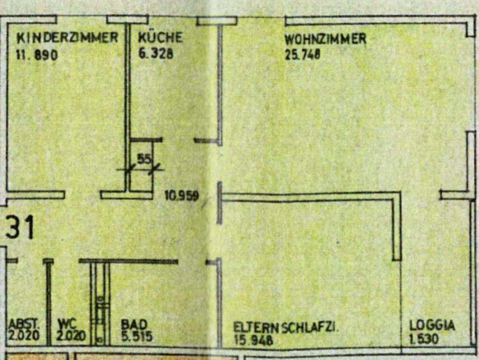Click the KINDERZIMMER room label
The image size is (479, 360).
(67, 38)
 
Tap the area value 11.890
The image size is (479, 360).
(37, 54)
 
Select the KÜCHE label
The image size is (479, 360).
(160, 37)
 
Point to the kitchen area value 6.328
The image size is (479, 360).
(156, 54)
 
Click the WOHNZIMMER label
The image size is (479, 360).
(325, 38)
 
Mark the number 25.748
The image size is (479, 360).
(302, 54)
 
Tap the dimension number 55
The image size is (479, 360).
(144, 159)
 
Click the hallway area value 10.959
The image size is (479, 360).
(182, 196)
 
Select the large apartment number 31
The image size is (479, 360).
(20, 228)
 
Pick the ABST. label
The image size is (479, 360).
(23, 324)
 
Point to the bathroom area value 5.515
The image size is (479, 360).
(137, 336)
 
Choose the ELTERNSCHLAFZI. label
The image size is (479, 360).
(287, 328)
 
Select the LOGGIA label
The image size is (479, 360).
(432, 326)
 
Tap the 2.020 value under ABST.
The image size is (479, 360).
(24, 336)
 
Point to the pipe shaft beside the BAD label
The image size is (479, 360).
(100, 304)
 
